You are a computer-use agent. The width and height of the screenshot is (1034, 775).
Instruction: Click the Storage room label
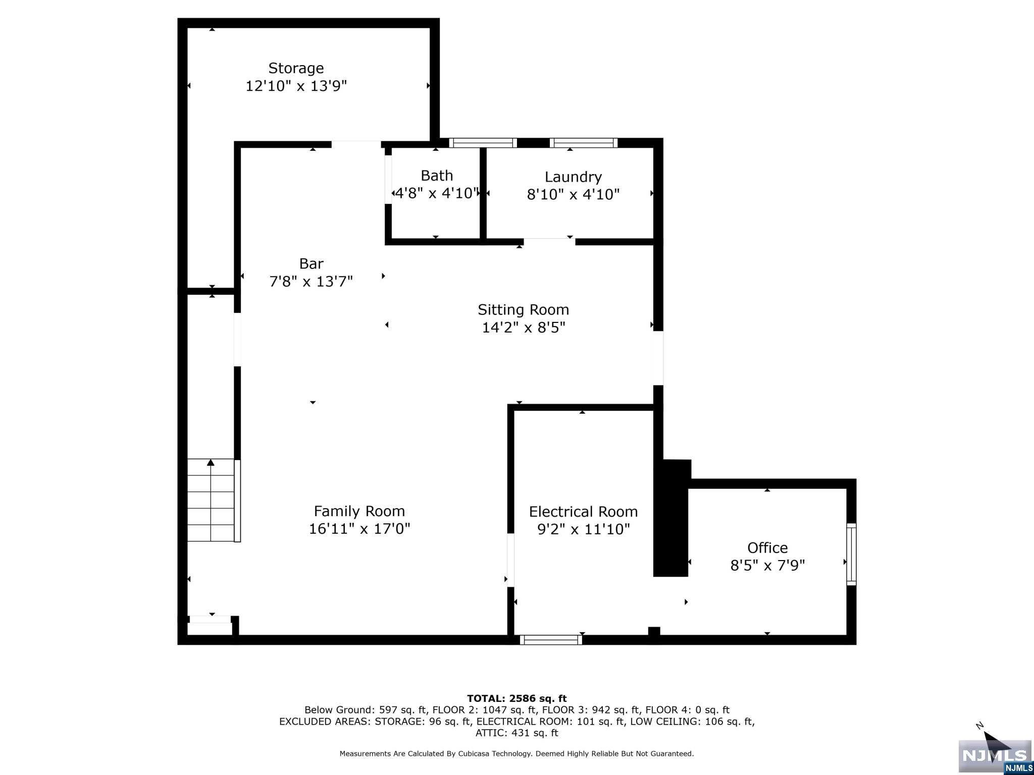click(296, 68)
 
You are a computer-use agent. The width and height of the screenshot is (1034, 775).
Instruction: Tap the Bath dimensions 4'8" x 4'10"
click(436, 193)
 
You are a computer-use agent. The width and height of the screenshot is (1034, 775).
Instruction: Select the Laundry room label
click(573, 177)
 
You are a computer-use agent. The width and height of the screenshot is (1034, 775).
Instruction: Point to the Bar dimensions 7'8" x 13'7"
click(311, 281)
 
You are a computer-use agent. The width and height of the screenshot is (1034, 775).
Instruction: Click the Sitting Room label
click(523, 309)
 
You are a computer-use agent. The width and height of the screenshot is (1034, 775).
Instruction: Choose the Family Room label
click(359, 511)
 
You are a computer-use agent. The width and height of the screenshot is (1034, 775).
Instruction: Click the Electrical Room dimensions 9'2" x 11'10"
click(584, 529)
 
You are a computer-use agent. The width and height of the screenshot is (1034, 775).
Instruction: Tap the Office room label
click(767, 547)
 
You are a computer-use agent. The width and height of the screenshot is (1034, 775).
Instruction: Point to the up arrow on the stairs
click(211, 463)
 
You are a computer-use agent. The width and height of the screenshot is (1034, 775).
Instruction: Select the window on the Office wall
click(851, 554)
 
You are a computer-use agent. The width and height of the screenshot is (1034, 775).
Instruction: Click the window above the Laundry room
click(584, 143)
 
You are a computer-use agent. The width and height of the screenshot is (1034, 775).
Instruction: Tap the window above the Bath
click(483, 143)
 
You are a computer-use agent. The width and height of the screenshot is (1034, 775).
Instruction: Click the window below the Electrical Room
click(551, 640)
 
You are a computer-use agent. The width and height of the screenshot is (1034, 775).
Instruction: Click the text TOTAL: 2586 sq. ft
click(516, 698)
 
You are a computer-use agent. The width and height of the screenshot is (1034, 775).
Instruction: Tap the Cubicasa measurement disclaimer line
click(516, 754)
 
